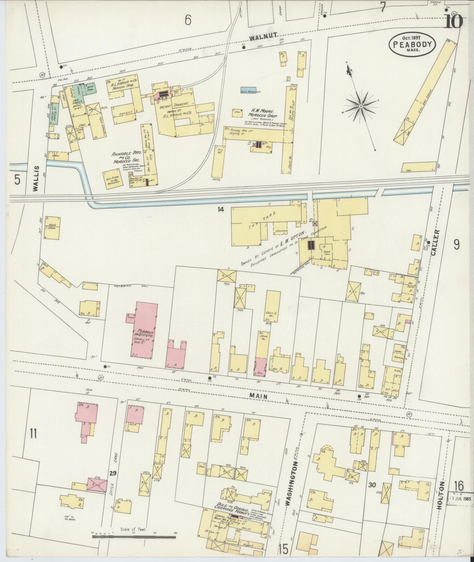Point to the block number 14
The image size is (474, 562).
pos(221,209)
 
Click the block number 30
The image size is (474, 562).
pos(372,485)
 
